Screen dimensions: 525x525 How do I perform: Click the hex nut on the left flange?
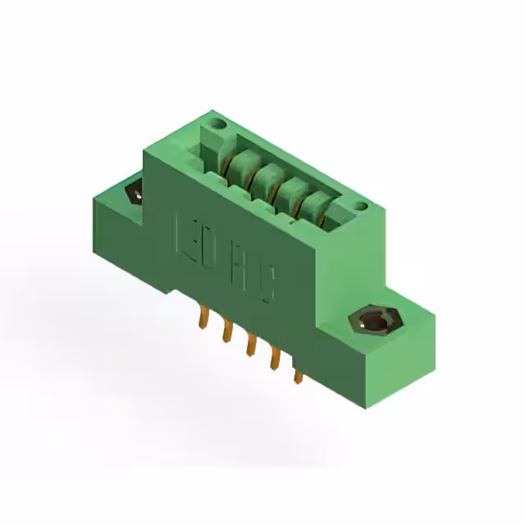[134, 194]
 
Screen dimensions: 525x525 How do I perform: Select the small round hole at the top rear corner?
[219, 125]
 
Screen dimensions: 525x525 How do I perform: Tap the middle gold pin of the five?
[249, 345]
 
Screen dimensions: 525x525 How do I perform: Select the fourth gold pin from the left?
[272, 358]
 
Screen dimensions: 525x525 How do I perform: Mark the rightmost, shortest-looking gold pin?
[297, 375]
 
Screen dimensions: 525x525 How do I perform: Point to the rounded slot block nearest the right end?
[312, 208]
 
